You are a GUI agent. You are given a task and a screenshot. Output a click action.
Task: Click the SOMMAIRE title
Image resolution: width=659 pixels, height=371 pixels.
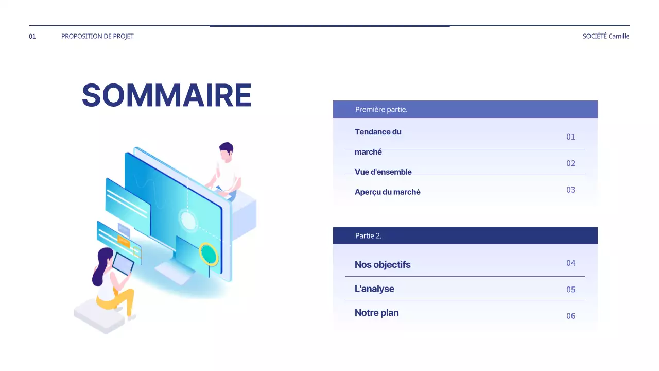pyautogui.click(x=166, y=95)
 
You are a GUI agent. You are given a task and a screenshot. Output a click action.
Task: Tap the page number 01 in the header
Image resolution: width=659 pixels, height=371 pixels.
pyautogui.click(x=32, y=36)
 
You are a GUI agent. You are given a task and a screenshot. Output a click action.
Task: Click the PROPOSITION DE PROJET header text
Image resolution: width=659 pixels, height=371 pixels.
pyautogui.click(x=97, y=36)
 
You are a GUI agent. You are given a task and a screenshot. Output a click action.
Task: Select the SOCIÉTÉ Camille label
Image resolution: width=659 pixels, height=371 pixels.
pyautogui.click(x=605, y=36)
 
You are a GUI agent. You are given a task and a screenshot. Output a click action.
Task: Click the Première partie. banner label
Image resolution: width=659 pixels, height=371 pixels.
pyautogui.click(x=381, y=109)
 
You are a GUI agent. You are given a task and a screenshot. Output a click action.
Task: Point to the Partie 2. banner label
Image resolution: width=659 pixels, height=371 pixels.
pyautogui.click(x=368, y=235)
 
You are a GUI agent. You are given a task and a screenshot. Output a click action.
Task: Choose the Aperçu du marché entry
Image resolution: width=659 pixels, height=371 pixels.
pyautogui.click(x=387, y=192)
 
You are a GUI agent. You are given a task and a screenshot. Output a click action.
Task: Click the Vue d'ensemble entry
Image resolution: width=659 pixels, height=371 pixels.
pyautogui.click(x=383, y=172)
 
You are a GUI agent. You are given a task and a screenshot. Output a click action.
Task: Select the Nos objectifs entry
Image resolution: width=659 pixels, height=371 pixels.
pyautogui.click(x=383, y=264)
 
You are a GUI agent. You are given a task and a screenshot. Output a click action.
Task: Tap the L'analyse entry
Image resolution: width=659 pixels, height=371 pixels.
pyautogui.click(x=374, y=289)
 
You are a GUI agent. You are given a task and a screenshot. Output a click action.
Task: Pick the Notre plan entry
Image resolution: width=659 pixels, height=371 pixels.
pyautogui.click(x=376, y=313)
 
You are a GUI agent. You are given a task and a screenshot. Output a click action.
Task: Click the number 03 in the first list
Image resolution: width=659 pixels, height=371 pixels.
pyautogui.click(x=570, y=190)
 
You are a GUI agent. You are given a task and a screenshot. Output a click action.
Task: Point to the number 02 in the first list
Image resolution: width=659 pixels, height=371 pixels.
pyautogui.click(x=570, y=163)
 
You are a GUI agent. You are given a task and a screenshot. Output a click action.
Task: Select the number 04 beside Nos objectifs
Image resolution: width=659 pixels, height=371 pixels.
pyautogui.click(x=570, y=263)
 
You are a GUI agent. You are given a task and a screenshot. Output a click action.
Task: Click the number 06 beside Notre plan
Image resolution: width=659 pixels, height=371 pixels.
pyautogui.click(x=570, y=316)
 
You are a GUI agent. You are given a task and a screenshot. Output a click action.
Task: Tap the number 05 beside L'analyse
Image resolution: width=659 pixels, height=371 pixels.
pyautogui.click(x=570, y=290)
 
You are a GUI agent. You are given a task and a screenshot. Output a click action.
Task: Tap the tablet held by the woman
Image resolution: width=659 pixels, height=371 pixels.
pyautogui.click(x=123, y=263)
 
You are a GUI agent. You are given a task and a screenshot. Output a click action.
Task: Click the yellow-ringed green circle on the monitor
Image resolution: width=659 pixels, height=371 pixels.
pyautogui.click(x=209, y=254)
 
